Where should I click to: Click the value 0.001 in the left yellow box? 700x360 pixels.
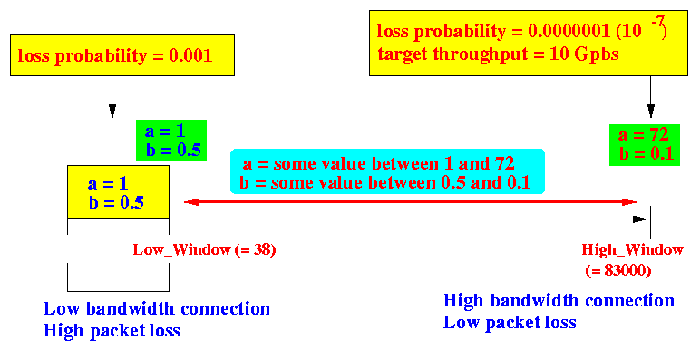[x=190, y=55]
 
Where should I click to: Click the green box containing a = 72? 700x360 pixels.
[x=645, y=145]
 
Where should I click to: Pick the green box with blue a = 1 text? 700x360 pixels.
[x=171, y=141]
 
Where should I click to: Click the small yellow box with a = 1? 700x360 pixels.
[x=118, y=191]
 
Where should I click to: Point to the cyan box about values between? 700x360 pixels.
[x=387, y=171]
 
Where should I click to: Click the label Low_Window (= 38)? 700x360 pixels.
[x=204, y=249]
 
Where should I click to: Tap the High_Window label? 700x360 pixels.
[x=632, y=249]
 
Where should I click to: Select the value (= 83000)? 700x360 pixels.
[x=618, y=270]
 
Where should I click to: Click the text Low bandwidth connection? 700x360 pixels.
[x=157, y=308]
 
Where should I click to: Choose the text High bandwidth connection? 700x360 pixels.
[x=559, y=300]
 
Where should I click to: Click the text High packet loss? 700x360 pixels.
[x=112, y=331]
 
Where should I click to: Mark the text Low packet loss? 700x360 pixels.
[x=510, y=323]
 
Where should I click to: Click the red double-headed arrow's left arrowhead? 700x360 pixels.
[x=191, y=202]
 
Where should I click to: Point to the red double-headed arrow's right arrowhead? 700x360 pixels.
[x=628, y=202]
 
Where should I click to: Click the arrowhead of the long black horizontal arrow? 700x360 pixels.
[x=639, y=219]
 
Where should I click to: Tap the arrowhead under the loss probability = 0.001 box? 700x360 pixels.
[x=112, y=111]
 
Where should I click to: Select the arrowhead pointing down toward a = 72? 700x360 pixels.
[x=650, y=111]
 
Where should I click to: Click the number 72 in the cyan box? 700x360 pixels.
[x=504, y=163]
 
